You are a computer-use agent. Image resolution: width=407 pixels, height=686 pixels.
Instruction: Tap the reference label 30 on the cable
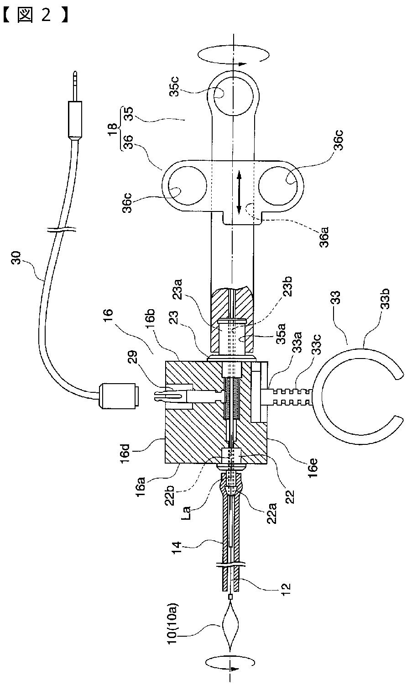click(x=17, y=258)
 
